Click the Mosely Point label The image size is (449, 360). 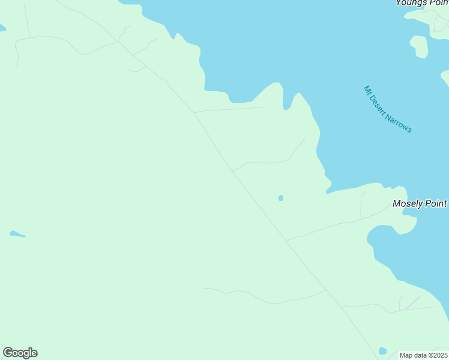point(420,203)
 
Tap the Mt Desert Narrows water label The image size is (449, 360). point(388,109)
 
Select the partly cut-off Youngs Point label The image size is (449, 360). point(421,3)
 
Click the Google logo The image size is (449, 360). point(20,353)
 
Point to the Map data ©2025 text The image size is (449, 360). point(424,355)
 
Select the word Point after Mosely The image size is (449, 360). point(436,203)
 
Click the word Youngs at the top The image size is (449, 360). point(411,3)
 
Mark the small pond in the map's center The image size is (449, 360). point(280,198)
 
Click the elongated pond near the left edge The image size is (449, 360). point(17,234)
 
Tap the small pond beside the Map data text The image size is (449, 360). point(382,351)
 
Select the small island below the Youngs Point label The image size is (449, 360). point(419,46)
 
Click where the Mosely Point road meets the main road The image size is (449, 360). point(287,241)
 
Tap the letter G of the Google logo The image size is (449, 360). point(8,353)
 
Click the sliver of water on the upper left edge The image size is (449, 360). point(2,28)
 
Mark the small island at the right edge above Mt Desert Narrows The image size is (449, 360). point(445,77)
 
